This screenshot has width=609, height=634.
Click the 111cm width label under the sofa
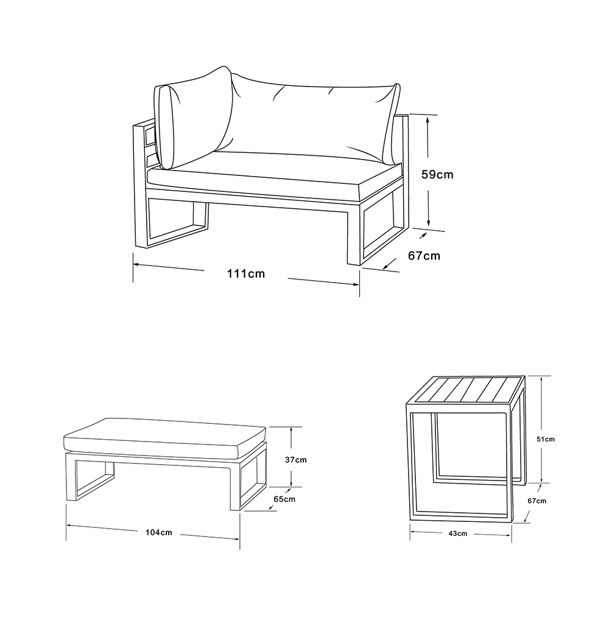point(246,273)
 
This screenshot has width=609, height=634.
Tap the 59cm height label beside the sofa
point(437,175)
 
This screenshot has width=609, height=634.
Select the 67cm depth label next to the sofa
point(424,256)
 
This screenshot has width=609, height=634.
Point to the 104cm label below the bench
point(158,532)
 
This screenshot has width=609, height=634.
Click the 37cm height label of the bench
point(295,460)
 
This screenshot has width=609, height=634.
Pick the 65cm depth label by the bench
point(284,499)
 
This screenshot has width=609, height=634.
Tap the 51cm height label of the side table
point(546,439)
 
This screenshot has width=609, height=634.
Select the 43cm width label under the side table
point(457,534)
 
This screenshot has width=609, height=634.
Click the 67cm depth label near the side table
point(537,501)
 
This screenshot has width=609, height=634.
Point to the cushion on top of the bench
point(164,439)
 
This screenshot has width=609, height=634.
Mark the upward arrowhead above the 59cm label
point(428,119)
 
